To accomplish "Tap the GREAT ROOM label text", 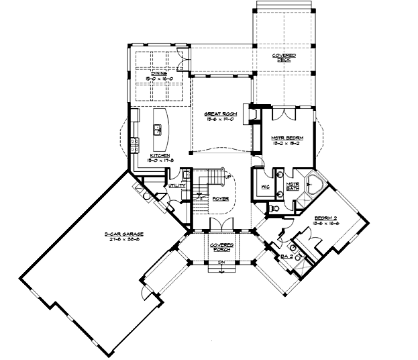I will click(x=219, y=114).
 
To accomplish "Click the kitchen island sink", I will click(x=160, y=126).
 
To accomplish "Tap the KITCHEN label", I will click(x=159, y=155).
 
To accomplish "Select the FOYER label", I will click(x=221, y=199).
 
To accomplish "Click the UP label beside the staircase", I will click(x=229, y=177).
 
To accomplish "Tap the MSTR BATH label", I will click(x=293, y=186).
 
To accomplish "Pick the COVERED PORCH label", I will click(x=221, y=246).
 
